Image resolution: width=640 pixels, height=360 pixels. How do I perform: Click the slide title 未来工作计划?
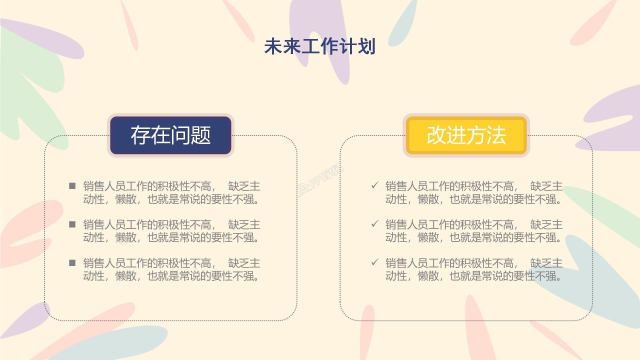point(319,47)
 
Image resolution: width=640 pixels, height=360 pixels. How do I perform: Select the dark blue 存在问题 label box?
point(170,135)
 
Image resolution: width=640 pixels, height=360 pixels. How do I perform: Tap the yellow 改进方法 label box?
point(466,135)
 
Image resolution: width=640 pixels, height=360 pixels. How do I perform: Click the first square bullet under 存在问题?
point(72,186)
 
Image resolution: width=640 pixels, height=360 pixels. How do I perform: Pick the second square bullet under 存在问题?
point(72,224)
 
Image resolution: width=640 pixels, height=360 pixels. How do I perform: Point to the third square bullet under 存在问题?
point(72,262)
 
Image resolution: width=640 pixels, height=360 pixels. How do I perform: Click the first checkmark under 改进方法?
point(374,186)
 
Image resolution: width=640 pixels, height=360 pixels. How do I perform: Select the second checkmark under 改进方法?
point(374,224)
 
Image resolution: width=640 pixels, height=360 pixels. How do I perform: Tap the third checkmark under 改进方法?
point(374,262)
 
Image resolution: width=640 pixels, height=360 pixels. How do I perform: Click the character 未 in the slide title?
point(273,47)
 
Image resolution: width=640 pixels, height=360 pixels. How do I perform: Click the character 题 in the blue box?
point(200,135)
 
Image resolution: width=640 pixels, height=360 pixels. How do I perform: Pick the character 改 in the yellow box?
point(436,135)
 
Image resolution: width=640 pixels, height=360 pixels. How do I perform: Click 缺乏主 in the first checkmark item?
point(546,186)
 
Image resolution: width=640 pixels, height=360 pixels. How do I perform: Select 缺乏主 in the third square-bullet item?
point(244,263)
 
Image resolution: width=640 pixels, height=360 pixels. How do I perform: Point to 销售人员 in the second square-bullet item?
point(99,224)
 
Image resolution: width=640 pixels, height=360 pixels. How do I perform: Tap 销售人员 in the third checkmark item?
point(401,263)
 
